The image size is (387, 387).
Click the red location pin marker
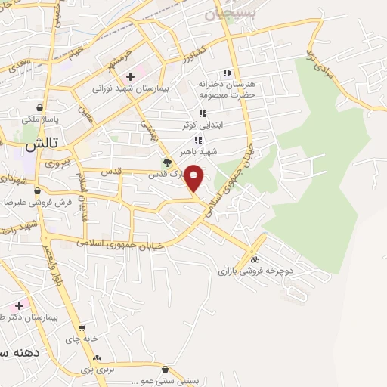point(194,178)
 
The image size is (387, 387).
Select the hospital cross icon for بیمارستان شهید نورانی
point(131,76)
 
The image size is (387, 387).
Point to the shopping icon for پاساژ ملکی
point(39,107)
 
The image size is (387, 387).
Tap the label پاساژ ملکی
point(36,119)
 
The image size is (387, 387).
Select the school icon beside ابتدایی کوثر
point(202,113)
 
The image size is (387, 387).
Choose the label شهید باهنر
point(203,151)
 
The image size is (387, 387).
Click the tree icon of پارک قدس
point(167,162)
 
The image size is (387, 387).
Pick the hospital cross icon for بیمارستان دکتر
point(19,305)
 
